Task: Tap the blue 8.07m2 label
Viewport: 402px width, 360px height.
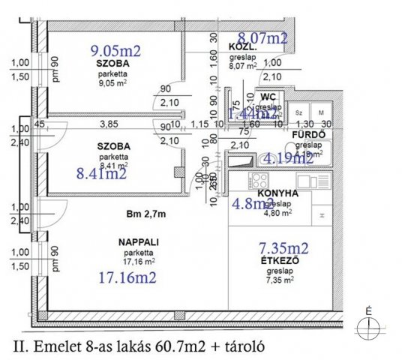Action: point(262,37)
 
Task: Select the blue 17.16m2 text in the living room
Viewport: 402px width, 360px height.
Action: point(127,277)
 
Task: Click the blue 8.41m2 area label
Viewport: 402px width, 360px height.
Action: point(102,174)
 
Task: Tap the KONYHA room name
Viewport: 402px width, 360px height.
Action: point(279,193)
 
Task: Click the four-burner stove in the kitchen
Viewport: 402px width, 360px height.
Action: point(258,181)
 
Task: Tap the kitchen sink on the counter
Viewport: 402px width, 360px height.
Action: point(308,181)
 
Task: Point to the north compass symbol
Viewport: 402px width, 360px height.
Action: point(368,325)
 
